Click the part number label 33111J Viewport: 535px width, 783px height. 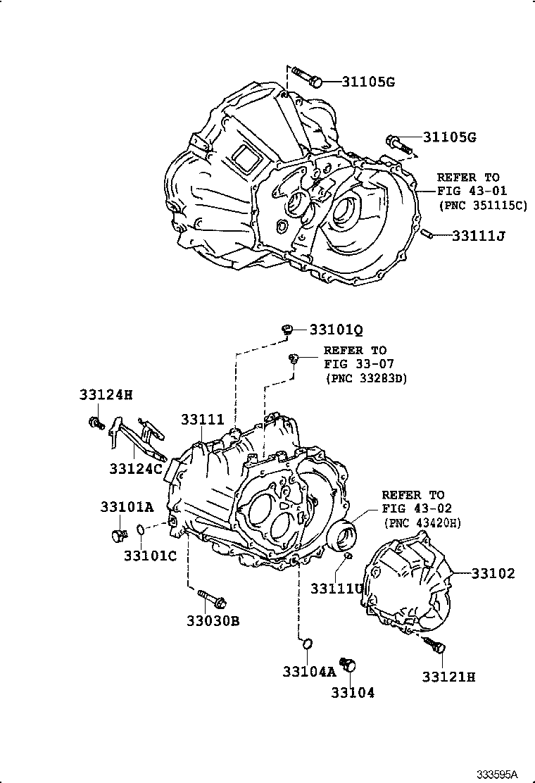[x=479, y=235]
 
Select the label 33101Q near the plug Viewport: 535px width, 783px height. [x=337, y=330]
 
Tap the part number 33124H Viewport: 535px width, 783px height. [x=106, y=395]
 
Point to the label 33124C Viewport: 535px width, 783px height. [x=136, y=468]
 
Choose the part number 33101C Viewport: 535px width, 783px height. [x=150, y=556]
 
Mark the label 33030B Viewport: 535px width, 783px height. [x=213, y=621]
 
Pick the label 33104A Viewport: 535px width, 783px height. [x=310, y=672]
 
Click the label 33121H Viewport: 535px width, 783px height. [x=449, y=677]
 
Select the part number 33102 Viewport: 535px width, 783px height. [x=493, y=574]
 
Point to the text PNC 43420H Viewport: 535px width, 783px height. [x=422, y=522]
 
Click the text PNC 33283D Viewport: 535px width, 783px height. [x=366, y=378]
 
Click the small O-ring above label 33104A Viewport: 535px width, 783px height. [x=306, y=642]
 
